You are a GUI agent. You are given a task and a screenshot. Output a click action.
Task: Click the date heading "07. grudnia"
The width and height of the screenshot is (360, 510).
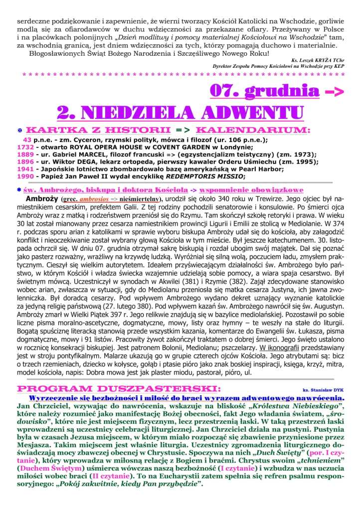point(265,90)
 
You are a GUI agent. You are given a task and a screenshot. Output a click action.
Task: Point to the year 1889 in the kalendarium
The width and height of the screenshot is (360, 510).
point(25,155)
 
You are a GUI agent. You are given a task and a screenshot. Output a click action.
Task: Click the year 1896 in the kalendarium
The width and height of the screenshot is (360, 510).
point(25,162)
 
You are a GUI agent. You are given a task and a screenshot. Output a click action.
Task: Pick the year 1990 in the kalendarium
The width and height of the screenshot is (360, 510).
point(25,176)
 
